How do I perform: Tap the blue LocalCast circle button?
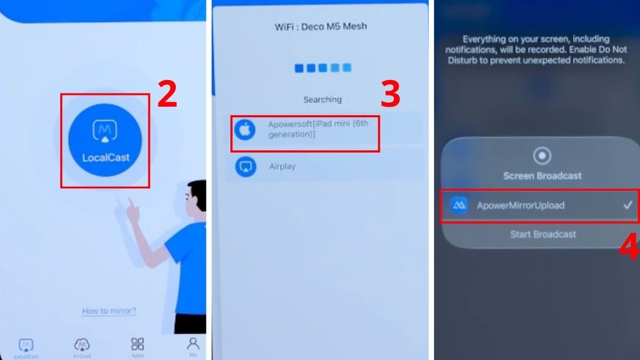105,140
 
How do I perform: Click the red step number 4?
628,249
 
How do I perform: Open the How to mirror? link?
109,311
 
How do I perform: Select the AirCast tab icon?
82,345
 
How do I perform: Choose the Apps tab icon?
138,345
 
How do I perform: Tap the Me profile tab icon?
193,343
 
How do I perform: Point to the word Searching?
322,100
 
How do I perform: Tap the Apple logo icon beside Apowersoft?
245,130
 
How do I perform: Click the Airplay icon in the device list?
245,166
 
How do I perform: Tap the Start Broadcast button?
543,234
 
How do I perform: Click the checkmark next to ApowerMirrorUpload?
628,204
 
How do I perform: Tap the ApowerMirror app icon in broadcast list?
459,205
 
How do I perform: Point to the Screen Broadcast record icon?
542,156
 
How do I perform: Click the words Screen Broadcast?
542,175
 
